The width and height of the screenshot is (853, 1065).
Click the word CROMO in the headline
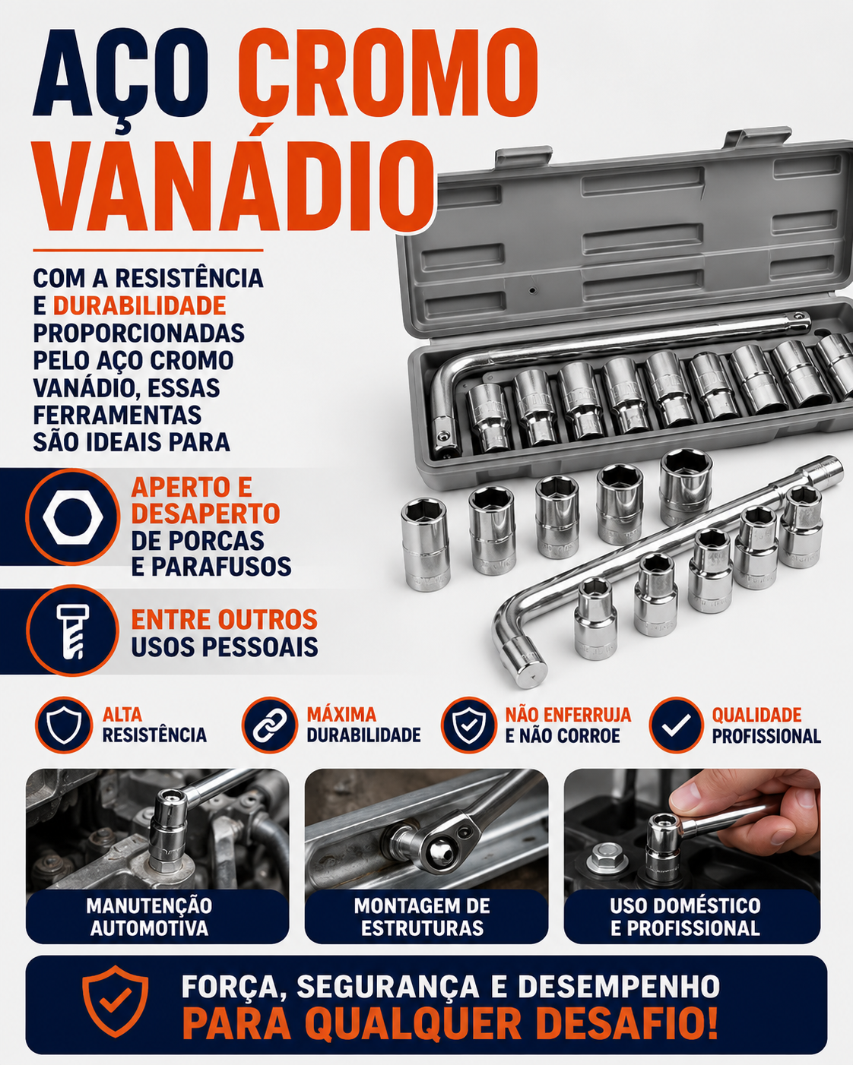[388, 73]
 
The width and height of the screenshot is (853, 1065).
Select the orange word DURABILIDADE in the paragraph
[139, 305]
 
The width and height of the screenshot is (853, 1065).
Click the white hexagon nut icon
[73, 517]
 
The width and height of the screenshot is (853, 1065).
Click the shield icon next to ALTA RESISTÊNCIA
[64, 725]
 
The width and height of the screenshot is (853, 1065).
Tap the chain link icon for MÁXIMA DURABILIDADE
[269, 725]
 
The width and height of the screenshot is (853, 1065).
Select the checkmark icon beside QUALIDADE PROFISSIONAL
[676, 725]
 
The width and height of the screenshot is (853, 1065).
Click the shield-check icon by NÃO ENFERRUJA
[469, 725]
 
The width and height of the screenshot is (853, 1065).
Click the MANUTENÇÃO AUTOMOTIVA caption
[149, 917]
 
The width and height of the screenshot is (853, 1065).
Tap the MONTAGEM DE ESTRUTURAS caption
[422, 917]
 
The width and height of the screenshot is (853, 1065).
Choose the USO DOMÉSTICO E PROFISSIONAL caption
[685, 917]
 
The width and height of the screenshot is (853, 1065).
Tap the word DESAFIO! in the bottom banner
[626, 1023]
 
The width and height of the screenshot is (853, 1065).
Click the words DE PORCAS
[197, 540]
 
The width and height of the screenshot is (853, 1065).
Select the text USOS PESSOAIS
[224, 646]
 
